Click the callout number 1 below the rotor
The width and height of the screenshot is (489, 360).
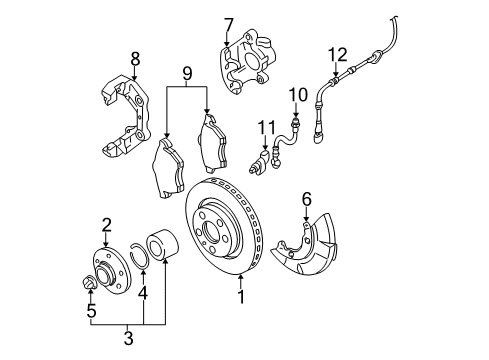coord(241,297)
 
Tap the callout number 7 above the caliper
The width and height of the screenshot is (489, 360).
coord(229,26)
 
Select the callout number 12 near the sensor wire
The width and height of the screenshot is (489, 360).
coord(338,55)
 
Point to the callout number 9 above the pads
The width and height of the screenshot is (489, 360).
coord(187,74)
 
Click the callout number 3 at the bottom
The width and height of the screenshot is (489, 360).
coord(128,338)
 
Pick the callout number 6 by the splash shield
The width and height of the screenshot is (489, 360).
coord(307,199)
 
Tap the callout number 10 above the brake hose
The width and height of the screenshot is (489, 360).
coord(298,95)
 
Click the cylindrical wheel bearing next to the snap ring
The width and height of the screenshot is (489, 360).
coord(163,244)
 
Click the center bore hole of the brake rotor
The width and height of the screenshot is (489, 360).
coord(212,230)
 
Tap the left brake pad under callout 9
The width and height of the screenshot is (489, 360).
coord(168,169)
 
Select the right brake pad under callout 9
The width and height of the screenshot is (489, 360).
coord(212,144)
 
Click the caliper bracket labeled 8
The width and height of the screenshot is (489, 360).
coord(125,117)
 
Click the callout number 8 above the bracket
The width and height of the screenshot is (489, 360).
coord(135,60)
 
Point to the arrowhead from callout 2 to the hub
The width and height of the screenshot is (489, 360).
coord(106,244)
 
